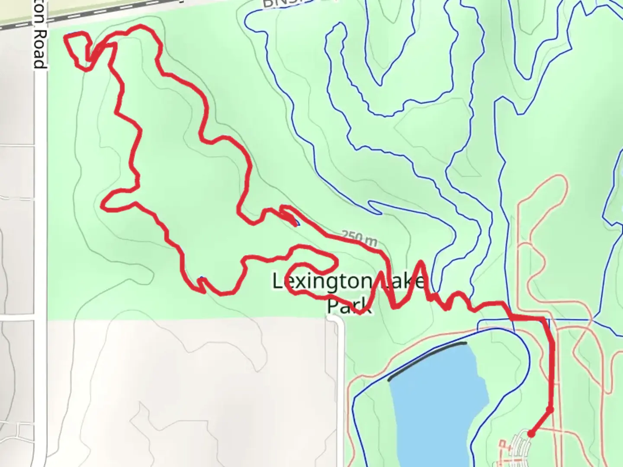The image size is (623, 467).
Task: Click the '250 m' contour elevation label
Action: (x=360, y=238)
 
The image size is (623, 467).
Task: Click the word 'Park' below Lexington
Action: (x=349, y=305)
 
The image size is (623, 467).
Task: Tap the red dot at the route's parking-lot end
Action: (x=530, y=434)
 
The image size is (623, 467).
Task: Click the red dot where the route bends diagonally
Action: (x=550, y=409)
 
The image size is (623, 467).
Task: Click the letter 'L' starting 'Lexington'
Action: (x=277, y=282)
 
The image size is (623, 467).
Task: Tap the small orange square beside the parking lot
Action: (x=502, y=443)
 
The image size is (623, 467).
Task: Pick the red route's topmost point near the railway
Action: (x=141, y=27)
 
